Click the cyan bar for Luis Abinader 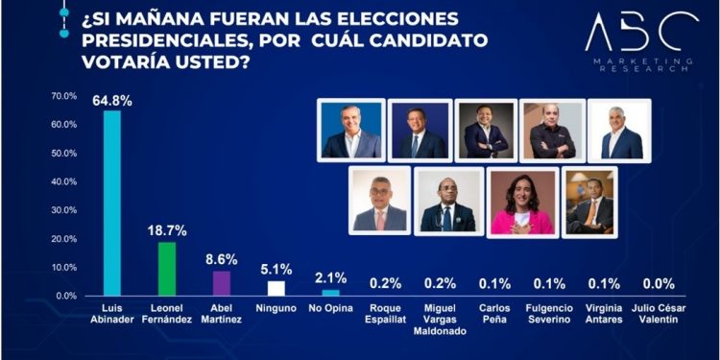[x=111, y=203]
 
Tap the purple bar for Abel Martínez [x=221, y=283]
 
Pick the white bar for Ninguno [x=276, y=288]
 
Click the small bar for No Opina [x=330, y=293]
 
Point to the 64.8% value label [x=111, y=99]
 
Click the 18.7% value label [x=166, y=231]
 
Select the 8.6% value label [x=221, y=260]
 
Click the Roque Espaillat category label [x=385, y=315]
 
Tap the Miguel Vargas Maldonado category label [x=440, y=321]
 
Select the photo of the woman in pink [x=521, y=202]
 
